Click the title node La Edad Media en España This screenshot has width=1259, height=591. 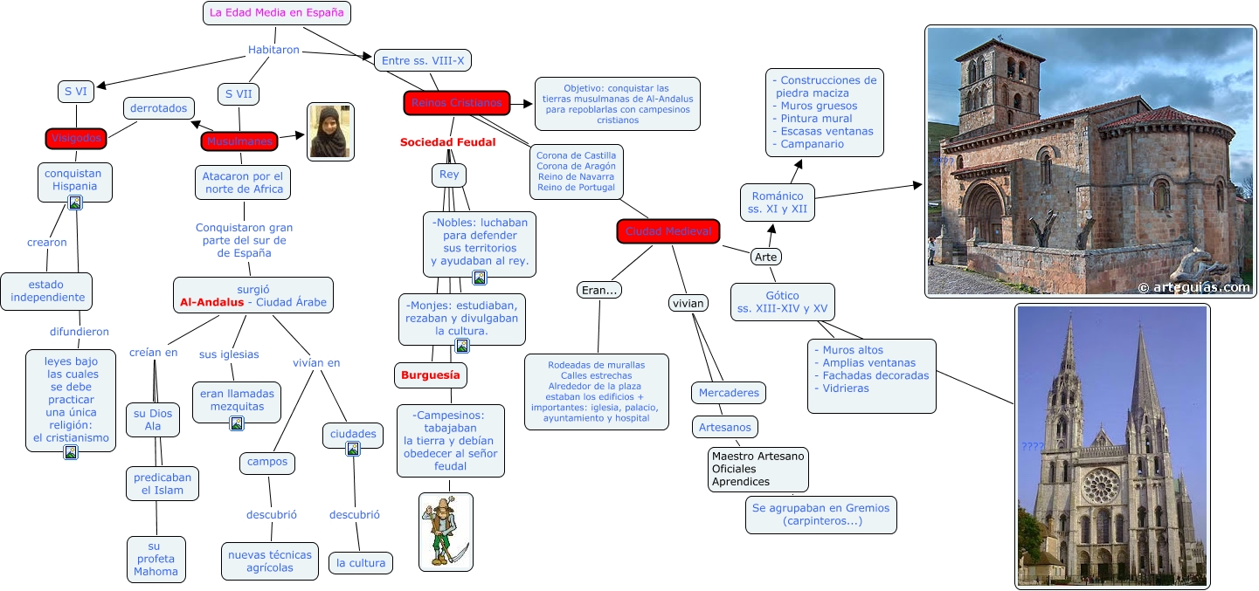pyautogui.click(x=277, y=13)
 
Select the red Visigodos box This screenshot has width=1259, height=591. pyautogui.click(x=76, y=138)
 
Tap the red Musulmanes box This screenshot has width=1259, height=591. pyautogui.click(x=239, y=141)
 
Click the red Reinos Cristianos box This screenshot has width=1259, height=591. pyautogui.click(x=456, y=103)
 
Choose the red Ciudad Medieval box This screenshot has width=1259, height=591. pyautogui.click(x=668, y=231)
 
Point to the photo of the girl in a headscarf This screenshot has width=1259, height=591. pyautogui.click(x=331, y=132)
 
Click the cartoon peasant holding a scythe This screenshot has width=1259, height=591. pyautogui.click(x=446, y=532)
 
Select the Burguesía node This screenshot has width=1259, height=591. pyautogui.click(x=430, y=375)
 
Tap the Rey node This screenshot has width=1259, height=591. pyautogui.click(x=449, y=175)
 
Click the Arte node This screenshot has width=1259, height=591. pyautogui.click(x=765, y=257)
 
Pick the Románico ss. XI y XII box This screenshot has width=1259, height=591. pyautogui.click(x=777, y=203)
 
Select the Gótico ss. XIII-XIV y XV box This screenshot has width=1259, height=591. pyautogui.click(x=782, y=302)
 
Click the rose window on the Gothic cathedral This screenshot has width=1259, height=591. pyautogui.click(x=1101, y=484)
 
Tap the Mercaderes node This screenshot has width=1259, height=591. pyautogui.click(x=729, y=393)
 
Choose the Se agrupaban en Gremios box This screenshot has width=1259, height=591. pyautogui.click(x=820, y=514)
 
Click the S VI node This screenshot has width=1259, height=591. pyautogui.click(x=76, y=91)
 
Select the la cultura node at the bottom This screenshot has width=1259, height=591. pyautogui.click(x=361, y=563)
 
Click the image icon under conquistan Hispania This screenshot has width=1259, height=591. pyautogui.click(x=75, y=203)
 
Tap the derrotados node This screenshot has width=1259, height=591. pyautogui.click(x=158, y=108)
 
